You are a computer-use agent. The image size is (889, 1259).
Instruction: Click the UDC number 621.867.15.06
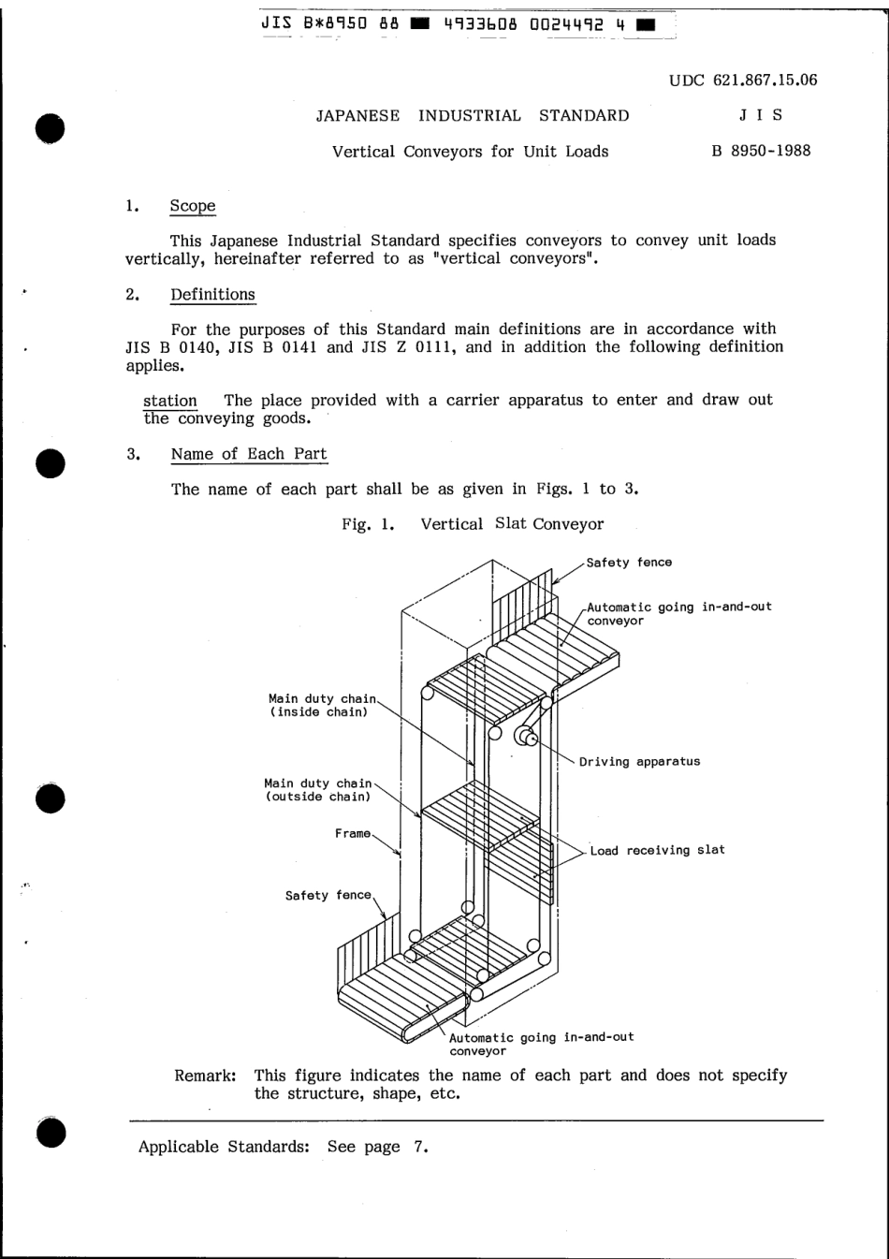click(x=743, y=80)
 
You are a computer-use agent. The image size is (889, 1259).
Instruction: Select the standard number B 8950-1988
click(x=761, y=151)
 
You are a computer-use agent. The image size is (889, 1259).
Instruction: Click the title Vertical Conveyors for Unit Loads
click(x=470, y=152)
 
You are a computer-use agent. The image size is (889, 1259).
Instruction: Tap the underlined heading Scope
click(x=193, y=206)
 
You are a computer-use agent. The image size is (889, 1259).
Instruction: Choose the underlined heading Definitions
click(x=212, y=295)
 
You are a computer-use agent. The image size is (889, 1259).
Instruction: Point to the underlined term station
click(x=169, y=401)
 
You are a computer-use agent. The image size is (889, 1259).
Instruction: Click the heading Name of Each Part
click(x=249, y=454)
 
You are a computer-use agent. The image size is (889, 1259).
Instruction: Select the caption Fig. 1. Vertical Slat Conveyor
click(x=473, y=524)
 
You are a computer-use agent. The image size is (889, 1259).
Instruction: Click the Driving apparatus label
click(x=639, y=762)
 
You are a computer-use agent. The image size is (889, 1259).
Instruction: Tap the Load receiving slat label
click(x=657, y=851)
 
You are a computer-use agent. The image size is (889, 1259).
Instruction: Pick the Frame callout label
click(x=353, y=834)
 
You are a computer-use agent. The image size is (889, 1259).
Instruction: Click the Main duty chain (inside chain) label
click(x=322, y=705)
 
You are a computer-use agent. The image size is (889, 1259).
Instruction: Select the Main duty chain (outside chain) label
click(x=318, y=790)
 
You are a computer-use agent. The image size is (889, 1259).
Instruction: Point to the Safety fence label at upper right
click(x=629, y=563)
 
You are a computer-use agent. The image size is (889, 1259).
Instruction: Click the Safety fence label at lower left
click(x=328, y=896)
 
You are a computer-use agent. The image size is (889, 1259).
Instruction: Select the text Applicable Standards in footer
click(x=224, y=1147)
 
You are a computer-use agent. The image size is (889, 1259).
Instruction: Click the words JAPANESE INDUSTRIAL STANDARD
click(x=473, y=116)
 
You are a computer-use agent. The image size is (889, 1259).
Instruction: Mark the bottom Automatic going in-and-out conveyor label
click(x=541, y=1044)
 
